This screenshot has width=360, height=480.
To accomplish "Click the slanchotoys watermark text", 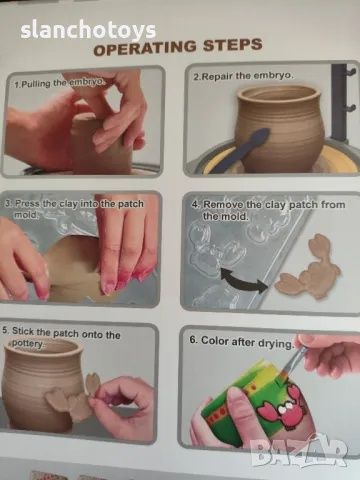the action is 88,31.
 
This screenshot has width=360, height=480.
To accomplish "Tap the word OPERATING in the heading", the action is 145,48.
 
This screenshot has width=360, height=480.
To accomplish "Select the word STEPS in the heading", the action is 232,45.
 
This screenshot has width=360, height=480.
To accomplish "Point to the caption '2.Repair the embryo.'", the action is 244,76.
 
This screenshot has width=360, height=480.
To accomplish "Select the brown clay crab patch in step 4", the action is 307,266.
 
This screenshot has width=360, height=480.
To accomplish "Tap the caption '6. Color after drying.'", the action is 241,341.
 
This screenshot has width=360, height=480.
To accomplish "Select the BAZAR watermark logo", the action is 299,453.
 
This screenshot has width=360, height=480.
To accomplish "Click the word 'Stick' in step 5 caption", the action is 23,331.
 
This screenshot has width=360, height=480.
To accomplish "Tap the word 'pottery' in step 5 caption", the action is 28,344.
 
